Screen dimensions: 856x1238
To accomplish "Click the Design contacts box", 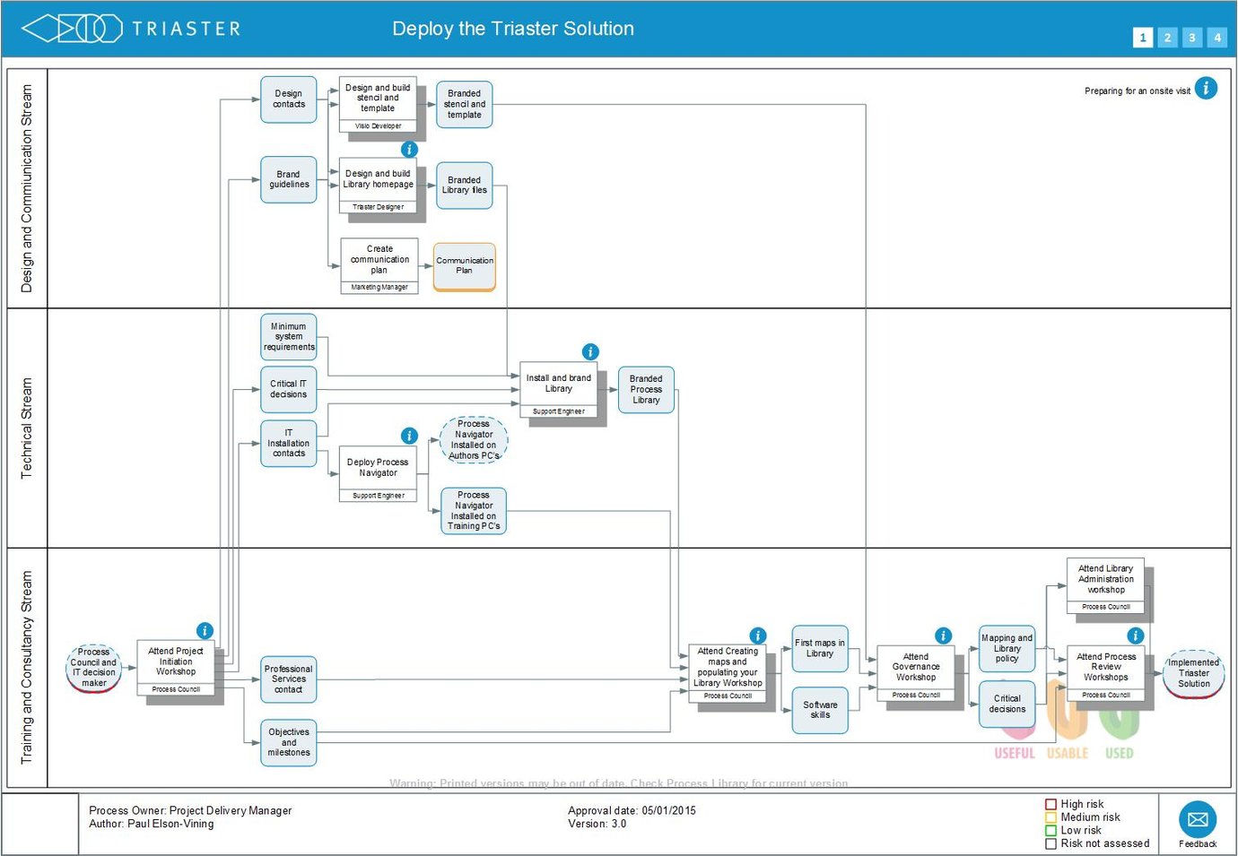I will pyautogui.click(x=288, y=99).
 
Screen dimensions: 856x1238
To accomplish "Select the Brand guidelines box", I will pyautogui.click(x=288, y=180).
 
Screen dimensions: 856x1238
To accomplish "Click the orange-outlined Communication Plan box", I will pyautogui.click(x=464, y=266).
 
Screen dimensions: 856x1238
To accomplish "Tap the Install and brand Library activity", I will pyautogui.click(x=558, y=385).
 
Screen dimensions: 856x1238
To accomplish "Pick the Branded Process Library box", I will pyautogui.click(x=646, y=390).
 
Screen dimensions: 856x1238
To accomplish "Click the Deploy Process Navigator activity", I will pyautogui.click(x=378, y=469).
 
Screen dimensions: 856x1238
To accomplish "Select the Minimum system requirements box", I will pyautogui.click(x=288, y=337).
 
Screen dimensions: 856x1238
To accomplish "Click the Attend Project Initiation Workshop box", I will pyautogui.click(x=176, y=662).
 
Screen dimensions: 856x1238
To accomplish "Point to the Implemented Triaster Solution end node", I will pyautogui.click(x=1193, y=673).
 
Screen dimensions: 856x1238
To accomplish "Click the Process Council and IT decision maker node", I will pyautogui.click(x=93, y=668).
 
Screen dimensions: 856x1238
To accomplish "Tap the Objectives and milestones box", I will pyautogui.click(x=288, y=742).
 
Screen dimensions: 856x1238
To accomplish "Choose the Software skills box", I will pyautogui.click(x=820, y=710).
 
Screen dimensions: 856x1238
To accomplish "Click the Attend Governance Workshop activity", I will pyautogui.click(x=916, y=668).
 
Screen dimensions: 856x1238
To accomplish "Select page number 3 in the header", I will pyautogui.click(x=1191, y=38).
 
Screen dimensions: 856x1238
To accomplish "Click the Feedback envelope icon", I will pyautogui.click(x=1197, y=819).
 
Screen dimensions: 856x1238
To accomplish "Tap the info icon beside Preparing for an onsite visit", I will pyautogui.click(x=1206, y=89).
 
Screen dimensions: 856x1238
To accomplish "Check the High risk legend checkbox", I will pyautogui.click(x=1051, y=804).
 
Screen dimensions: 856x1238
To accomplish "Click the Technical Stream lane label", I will pyautogui.click(x=26, y=428).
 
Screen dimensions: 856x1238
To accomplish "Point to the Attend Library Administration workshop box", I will pyautogui.click(x=1105, y=580).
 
